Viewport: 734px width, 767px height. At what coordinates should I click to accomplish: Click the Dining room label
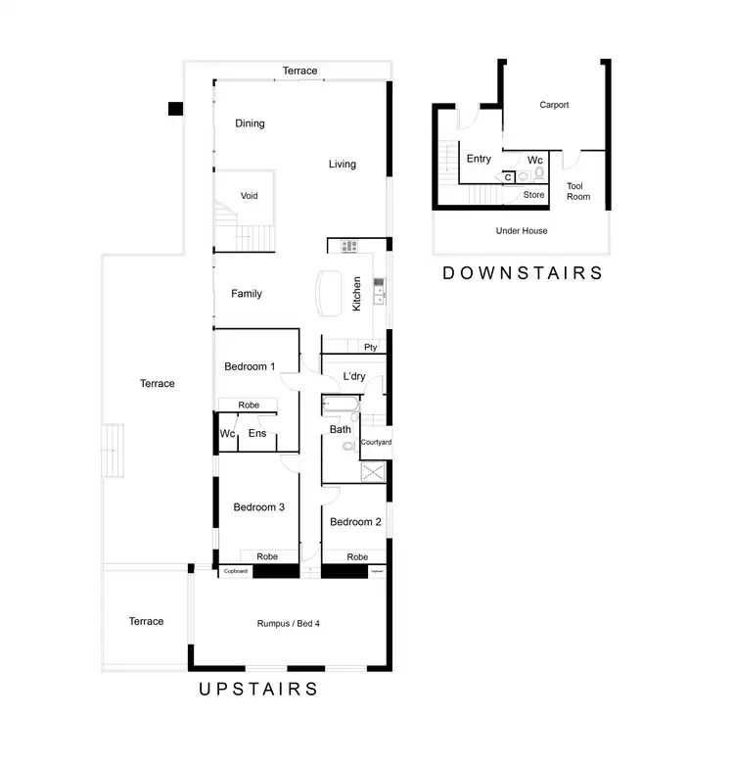coord(250,123)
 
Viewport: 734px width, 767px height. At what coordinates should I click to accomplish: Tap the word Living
coord(342,164)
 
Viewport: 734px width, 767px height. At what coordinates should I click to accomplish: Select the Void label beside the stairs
coord(250,196)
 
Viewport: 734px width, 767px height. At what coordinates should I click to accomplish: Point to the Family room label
coord(246,293)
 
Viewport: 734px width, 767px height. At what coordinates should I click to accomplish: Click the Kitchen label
coord(357,293)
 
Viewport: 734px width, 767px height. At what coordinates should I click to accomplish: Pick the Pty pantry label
coord(370,347)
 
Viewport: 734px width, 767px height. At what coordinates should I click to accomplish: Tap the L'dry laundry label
coord(354,375)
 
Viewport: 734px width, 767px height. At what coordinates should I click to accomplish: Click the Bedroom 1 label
coord(250,366)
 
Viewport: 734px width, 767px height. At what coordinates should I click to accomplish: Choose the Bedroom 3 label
coord(258,507)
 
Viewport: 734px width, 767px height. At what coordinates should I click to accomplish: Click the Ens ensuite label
coord(257,433)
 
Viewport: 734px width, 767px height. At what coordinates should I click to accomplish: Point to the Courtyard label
coord(376,443)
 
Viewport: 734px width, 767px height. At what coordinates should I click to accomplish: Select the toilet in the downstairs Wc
coord(539,174)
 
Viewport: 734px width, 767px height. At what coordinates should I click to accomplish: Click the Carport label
coord(554,105)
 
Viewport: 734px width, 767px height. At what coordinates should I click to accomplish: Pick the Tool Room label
coord(578,191)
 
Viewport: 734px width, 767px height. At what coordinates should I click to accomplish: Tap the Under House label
coord(522,230)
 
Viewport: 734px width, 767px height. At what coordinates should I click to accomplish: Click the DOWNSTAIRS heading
coord(523,273)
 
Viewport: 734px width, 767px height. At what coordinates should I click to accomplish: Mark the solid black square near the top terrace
coord(175,108)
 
